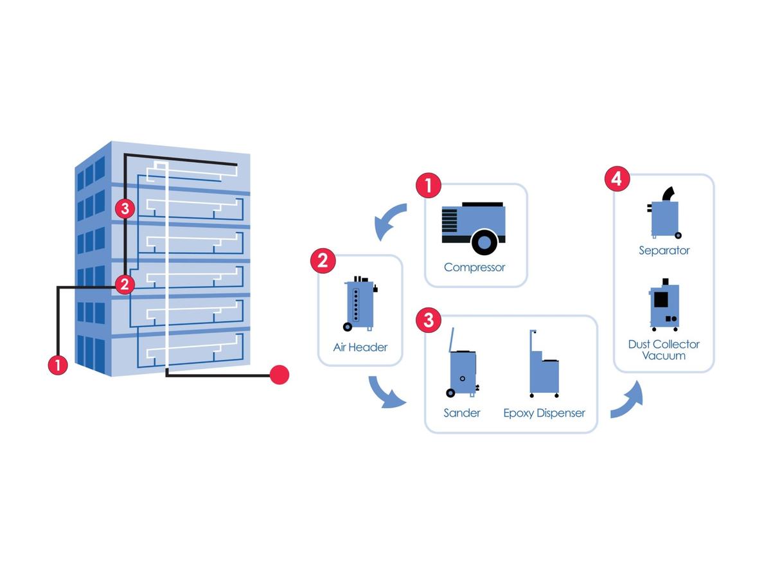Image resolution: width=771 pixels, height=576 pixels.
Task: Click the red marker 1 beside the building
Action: coord(58,365)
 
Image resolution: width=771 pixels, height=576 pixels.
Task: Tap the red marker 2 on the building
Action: coord(125,283)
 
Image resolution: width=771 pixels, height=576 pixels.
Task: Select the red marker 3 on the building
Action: coord(125,208)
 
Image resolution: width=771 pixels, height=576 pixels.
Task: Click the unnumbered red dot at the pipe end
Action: coord(279,374)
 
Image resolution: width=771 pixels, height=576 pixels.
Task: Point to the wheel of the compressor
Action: coord(484,242)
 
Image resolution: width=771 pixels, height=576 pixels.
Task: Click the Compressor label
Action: coord(474,267)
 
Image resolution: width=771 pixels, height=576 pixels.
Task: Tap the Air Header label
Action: coord(360,347)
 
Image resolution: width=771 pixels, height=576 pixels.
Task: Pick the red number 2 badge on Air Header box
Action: coord(323,260)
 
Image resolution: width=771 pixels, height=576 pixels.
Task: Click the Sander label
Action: coord(461,413)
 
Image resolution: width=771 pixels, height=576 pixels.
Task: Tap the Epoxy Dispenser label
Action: coord(544,413)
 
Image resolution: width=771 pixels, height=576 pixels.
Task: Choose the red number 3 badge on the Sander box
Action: coord(429,320)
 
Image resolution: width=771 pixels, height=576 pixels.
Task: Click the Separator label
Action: coord(664,251)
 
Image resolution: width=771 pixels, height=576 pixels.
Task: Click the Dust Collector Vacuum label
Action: coord(664,350)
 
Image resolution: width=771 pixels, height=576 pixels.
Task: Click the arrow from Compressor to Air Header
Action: coord(390,222)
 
